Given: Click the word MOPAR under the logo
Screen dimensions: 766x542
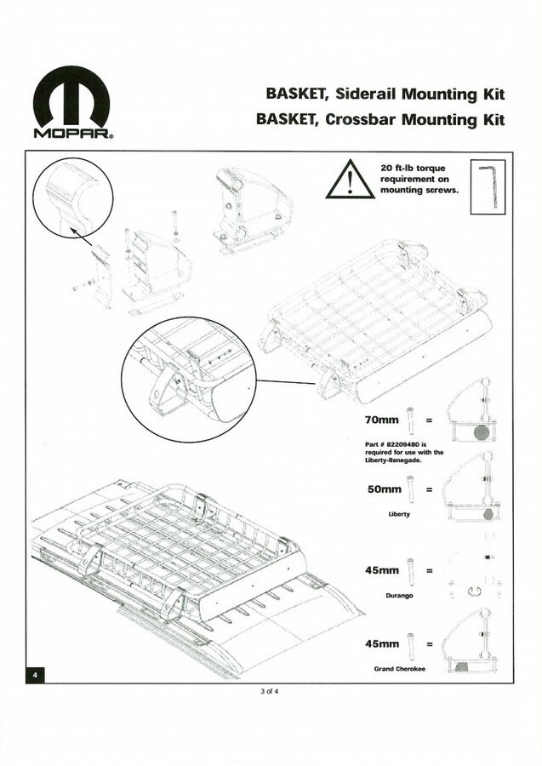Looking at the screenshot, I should (71, 134).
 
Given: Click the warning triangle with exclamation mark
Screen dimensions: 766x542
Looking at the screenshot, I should (349, 180).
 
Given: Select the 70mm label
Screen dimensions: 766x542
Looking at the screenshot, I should (382, 420).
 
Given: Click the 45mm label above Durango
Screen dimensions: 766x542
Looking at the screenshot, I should (382, 569).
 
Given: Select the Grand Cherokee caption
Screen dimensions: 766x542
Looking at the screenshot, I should (399, 669).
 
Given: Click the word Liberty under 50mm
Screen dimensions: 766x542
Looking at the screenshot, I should (399, 515).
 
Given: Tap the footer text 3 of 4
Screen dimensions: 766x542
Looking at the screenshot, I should (271, 691).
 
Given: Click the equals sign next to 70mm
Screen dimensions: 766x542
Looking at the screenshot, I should (429, 420).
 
